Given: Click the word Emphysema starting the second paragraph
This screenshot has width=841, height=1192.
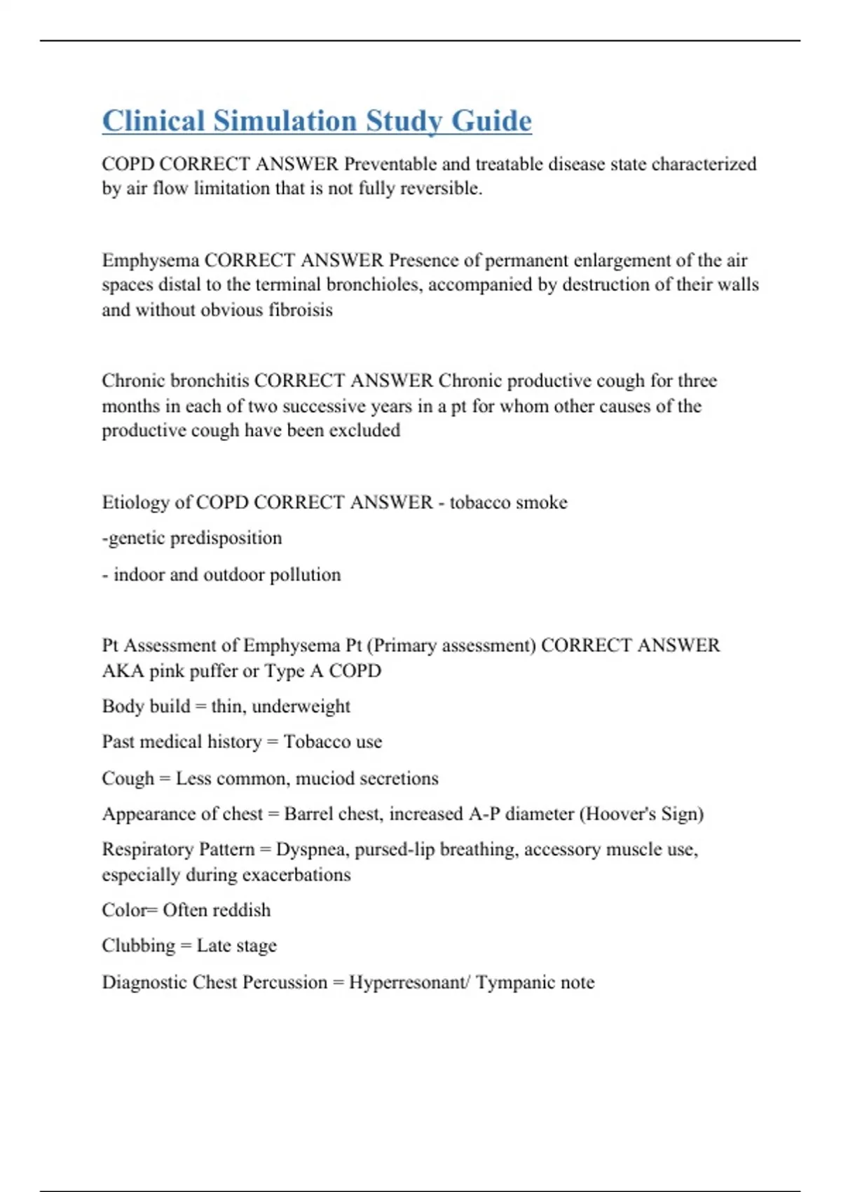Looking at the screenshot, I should click(150, 260).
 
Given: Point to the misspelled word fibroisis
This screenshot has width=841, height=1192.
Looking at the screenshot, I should click(301, 310).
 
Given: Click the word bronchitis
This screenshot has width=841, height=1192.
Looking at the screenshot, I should click(210, 381).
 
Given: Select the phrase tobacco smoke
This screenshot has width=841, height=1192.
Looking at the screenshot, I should click(508, 502).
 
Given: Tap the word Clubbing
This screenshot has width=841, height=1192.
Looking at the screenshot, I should click(138, 946).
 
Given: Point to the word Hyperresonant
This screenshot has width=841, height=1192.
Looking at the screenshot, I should click(409, 982).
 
